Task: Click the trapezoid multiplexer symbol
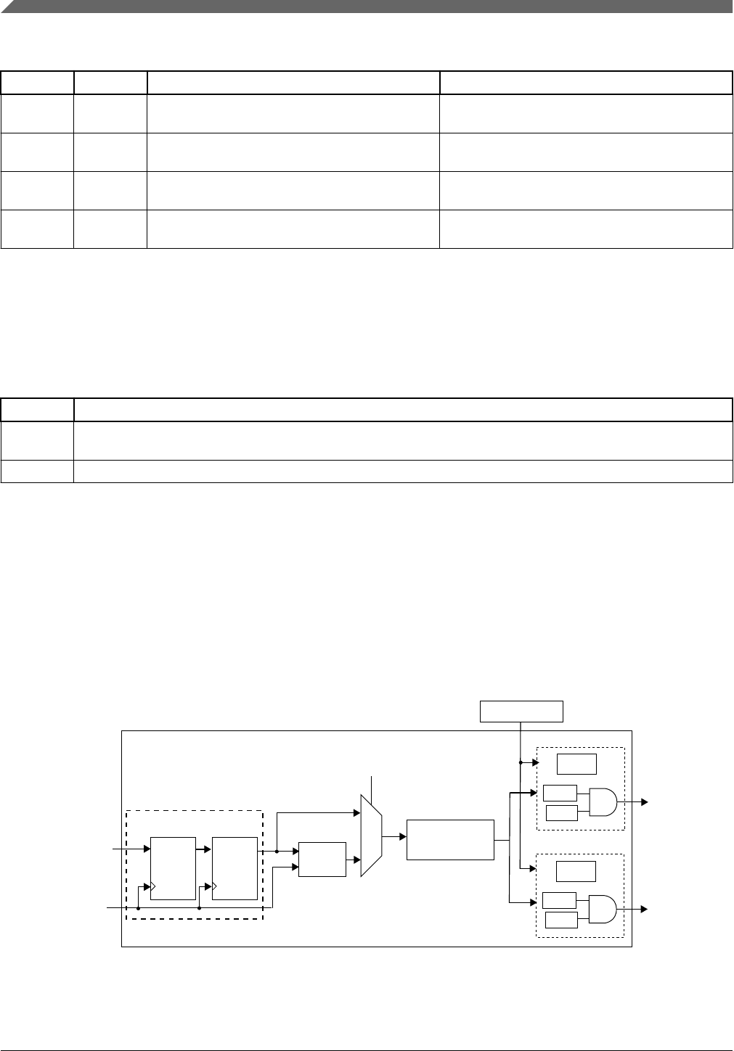(x=371, y=835)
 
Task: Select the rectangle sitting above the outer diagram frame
(x=521, y=712)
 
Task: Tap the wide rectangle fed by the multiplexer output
(x=450, y=839)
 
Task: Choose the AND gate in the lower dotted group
(x=603, y=909)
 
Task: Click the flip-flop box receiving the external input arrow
(x=172, y=867)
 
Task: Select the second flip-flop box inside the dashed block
(x=235, y=867)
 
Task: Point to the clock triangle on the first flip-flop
(x=152, y=886)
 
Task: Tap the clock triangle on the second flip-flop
(x=215, y=886)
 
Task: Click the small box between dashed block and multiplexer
(x=322, y=860)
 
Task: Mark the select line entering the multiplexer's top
(x=372, y=786)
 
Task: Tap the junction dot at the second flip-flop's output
(x=277, y=852)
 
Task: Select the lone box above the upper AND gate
(x=576, y=764)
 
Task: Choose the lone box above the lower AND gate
(x=576, y=871)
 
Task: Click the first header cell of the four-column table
(x=37, y=83)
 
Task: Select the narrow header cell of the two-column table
(x=37, y=410)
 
